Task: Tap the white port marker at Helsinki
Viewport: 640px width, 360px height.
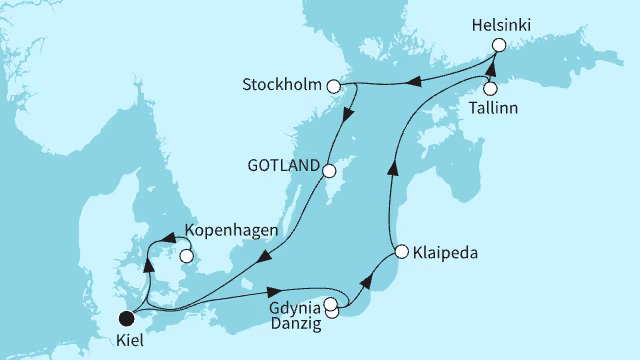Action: tap(499, 45)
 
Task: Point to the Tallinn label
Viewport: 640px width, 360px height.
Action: tap(497, 107)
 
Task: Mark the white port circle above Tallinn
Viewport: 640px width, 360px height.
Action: tap(490, 87)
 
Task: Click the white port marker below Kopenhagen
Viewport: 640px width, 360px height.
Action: tap(185, 255)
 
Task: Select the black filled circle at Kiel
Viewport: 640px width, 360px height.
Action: tap(126, 319)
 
